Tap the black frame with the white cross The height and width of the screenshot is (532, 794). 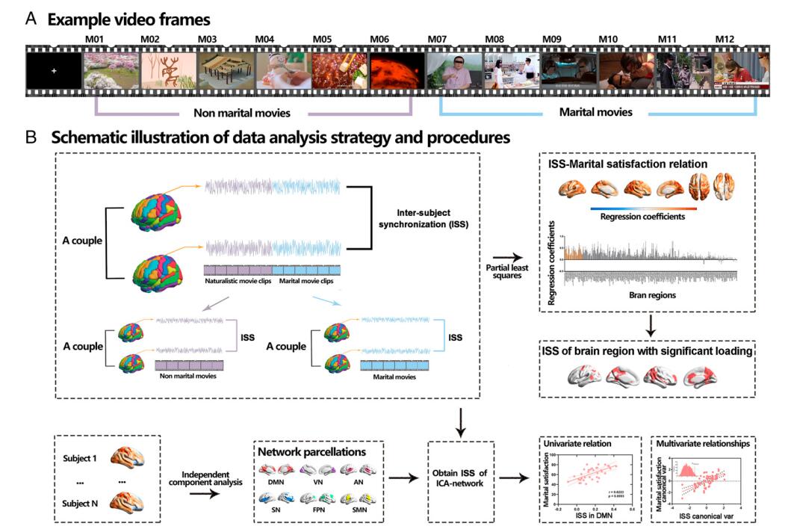click(x=54, y=72)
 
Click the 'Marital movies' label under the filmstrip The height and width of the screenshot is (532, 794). click(x=595, y=113)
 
